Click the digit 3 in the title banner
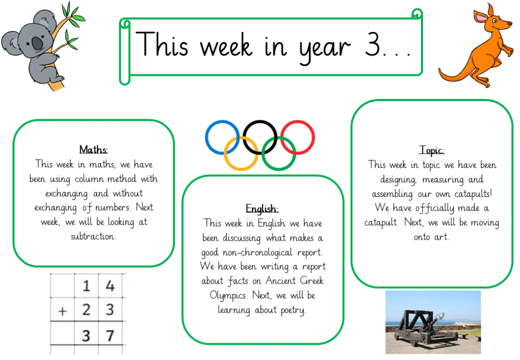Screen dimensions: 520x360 pos(372,44)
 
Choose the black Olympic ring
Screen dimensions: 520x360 pos(260,121)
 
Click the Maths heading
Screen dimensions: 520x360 pos(93,149)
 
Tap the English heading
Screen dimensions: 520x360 pos(262,209)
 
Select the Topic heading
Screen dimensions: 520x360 pos(432,150)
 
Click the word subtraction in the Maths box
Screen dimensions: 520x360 pos(93,236)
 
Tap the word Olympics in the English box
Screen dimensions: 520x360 pos(229,296)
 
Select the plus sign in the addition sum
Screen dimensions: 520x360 pos(62,311)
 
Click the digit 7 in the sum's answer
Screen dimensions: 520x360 pos(110,336)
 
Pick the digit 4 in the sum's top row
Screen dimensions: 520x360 pos(110,286)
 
